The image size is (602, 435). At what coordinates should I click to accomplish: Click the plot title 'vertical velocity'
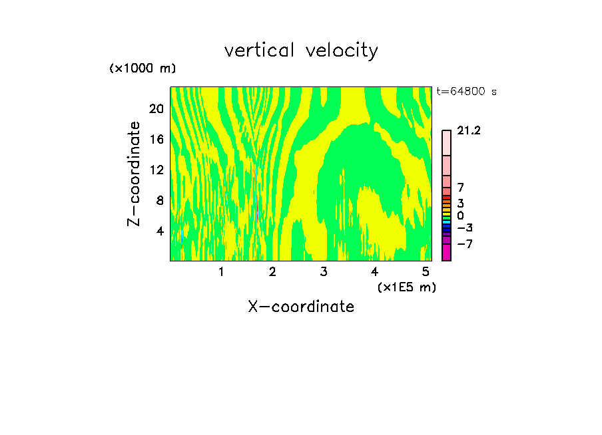click(301, 51)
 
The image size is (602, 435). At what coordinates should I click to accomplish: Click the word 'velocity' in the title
click(342, 51)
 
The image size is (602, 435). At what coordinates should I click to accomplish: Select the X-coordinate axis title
click(301, 307)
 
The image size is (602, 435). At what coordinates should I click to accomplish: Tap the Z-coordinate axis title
click(135, 174)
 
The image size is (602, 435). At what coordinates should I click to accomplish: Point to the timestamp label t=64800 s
click(466, 92)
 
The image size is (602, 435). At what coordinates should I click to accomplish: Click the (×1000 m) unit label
click(142, 69)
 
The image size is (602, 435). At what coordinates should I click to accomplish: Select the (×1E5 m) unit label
click(407, 287)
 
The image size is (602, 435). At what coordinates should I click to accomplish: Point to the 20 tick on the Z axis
click(156, 108)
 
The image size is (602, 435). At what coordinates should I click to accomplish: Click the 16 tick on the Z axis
click(156, 139)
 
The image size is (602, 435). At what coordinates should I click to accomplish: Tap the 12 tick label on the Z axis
click(156, 170)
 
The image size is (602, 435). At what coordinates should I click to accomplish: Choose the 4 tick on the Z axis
click(159, 231)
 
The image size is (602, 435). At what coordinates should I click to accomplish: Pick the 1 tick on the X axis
click(221, 272)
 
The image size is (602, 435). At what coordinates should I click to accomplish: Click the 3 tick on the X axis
click(324, 272)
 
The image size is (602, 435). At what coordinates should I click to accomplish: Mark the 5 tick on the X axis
click(426, 272)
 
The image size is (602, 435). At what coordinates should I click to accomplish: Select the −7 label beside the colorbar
click(465, 244)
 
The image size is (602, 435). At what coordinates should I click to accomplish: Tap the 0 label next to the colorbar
click(460, 216)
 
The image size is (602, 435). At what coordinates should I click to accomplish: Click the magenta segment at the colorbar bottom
click(446, 252)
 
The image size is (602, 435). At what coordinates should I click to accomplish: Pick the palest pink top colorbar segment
click(446, 142)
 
